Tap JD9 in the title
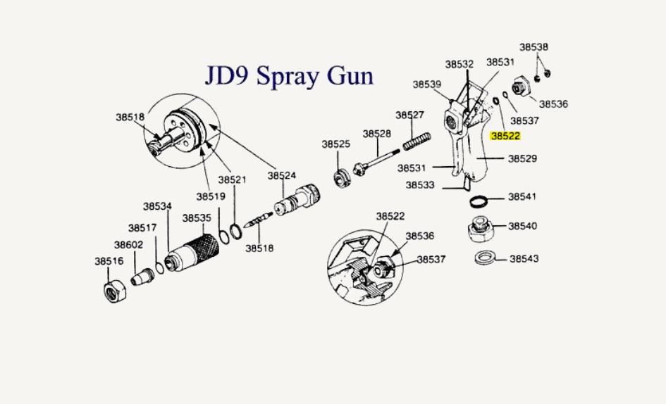point(228,75)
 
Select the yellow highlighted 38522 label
point(505,137)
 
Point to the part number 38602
point(129,245)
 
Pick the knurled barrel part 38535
point(191,251)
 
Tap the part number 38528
point(377,134)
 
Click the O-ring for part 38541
point(480,202)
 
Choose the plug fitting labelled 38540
point(480,230)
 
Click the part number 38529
point(523,158)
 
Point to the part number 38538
point(534,47)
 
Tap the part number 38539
point(427,84)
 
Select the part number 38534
point(158,206)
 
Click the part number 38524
point(282,175)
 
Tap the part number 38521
point(232,179)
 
